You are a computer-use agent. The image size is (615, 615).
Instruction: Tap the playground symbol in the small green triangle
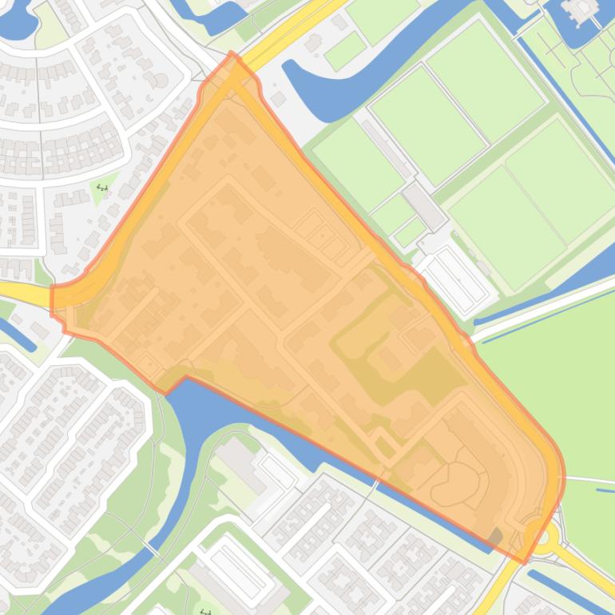pos(102,188)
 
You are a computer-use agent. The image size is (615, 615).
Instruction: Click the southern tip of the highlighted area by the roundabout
pos(524,561)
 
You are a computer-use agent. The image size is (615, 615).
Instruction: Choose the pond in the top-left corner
pos(16,20)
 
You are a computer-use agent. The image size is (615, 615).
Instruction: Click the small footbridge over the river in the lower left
pos(151,550)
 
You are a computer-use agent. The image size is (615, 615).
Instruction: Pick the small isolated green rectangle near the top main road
pos(345,50)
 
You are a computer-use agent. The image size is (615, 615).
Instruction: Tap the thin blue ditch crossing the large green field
pos(543,307)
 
